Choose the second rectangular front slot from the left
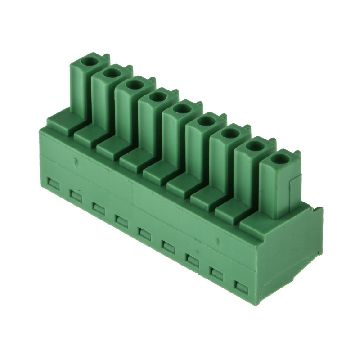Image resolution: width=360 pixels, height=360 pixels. click(75, 196)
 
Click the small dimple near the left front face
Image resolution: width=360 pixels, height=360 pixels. click(75, 161)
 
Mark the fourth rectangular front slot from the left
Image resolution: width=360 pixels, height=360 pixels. click(121, 220)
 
